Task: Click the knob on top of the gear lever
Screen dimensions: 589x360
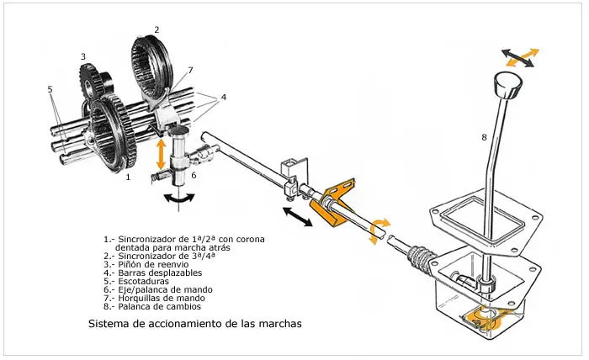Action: (507, 86)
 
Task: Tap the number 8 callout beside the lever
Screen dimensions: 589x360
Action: (484, 137)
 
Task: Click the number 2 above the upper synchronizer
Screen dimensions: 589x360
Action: (157, 29)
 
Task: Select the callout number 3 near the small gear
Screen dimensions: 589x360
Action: (83, 56)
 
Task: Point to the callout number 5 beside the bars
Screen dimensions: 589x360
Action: (50, 89)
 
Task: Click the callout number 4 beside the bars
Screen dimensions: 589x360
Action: (224, 98)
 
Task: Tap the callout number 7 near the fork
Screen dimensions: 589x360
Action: (190, 70)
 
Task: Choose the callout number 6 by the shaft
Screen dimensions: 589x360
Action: (194, 175)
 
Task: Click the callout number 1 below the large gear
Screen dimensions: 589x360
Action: (128, 177)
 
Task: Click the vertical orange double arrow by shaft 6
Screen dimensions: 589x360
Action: (162, 154)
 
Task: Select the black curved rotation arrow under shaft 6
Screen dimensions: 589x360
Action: (180, 199)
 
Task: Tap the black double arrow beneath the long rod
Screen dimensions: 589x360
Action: (298, 217)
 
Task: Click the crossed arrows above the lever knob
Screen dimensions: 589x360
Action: (520, 58)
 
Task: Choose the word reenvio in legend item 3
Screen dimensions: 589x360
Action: (172, 264)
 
